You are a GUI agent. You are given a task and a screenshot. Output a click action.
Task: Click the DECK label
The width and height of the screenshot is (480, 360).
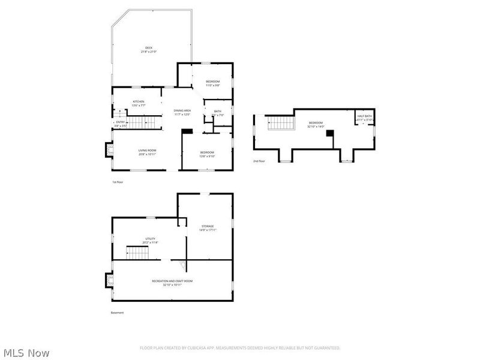(x=148, y=48)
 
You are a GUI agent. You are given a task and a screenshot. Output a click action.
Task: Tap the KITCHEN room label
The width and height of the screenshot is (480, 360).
(x=139, y=101)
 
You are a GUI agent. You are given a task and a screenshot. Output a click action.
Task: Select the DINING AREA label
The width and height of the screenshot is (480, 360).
(x=182, y=110)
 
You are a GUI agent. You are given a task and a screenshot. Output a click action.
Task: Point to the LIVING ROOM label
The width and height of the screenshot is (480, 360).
(x=147, y=150)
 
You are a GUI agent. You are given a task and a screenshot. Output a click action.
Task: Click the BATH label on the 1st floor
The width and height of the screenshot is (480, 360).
(x=217, y=110)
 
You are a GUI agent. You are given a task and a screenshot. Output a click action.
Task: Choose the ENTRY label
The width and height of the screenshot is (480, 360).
(x=121, y=122)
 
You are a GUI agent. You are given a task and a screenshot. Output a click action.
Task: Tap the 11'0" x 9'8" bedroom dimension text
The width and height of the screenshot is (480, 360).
(x=213, y=85)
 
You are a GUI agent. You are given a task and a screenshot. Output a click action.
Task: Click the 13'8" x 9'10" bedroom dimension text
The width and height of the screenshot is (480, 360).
(x=207, y=156)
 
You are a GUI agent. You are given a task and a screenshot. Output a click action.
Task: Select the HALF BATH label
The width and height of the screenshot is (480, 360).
(x=364, y=116)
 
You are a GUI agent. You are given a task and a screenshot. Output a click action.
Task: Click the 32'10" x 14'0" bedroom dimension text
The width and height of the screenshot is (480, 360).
(x=316, y=126)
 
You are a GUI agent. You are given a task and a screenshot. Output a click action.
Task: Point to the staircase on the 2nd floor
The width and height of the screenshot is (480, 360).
(x=281, y=124)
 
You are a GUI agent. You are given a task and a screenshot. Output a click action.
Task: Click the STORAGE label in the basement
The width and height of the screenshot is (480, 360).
(x=208, y=226)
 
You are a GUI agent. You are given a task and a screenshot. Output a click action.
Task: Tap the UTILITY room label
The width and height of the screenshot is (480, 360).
(x=150, y=239)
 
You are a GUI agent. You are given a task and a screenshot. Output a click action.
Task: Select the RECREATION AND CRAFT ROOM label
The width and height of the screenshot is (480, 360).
(x=172, y=281)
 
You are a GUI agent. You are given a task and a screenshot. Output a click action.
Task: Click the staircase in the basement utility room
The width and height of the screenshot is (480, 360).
(x=137, y=253)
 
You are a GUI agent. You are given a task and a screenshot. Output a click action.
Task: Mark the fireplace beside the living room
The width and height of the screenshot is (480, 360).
(x=109, y=149)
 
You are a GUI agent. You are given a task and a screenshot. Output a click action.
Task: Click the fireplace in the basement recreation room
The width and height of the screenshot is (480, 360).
(x=109, y=280)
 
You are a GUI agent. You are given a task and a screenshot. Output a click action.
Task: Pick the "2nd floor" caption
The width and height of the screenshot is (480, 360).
(x=259, y=161)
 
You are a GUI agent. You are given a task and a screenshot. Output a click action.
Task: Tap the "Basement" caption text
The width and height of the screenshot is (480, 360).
(x=117, y=313)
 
